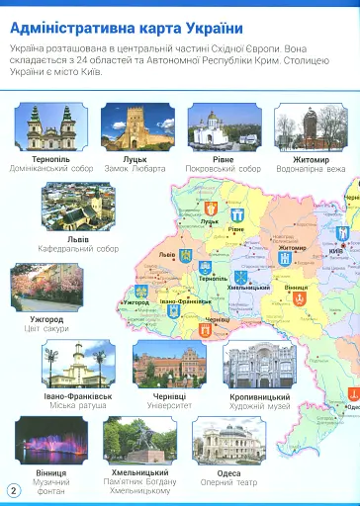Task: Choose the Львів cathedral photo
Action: coord(77,207)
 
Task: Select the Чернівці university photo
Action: coord(169,365)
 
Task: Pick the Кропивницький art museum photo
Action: coord(258,365)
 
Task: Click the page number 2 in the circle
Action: coord(14,490)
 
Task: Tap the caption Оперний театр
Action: coord(228,482)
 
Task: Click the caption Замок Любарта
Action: coord(137,169)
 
